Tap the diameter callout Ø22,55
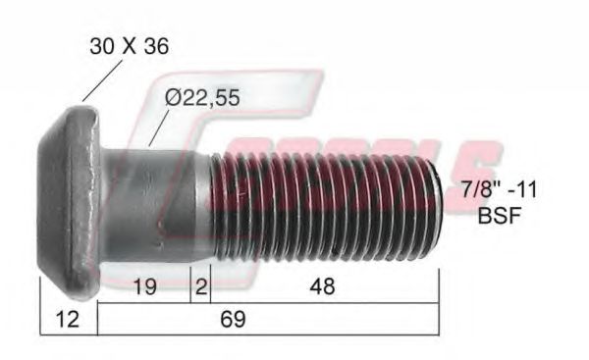pos(202,98)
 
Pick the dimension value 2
pos(199,286)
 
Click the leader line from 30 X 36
pos(95,82)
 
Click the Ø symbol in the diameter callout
pos(174,98)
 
